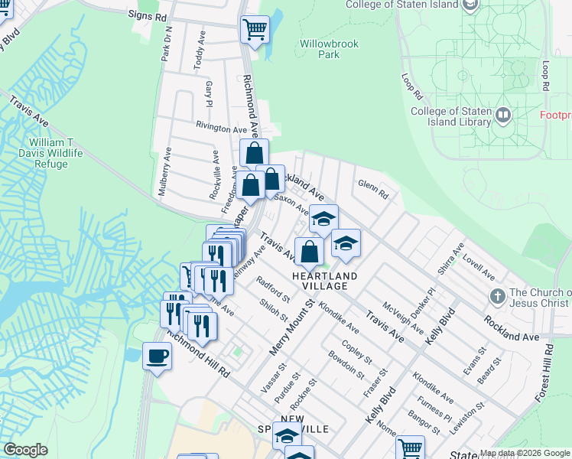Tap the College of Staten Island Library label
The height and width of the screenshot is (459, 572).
click(450, 116)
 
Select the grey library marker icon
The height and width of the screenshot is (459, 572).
click(503, 116)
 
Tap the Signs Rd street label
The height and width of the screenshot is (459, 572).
click(148, 15)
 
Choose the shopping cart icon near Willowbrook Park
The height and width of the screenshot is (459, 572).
click(255, 30)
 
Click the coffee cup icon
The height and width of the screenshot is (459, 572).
click(158, 356)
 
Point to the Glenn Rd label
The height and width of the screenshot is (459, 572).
click(372, 189)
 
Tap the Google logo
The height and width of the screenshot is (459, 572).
click(26, 450)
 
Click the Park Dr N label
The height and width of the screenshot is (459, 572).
click(166, 44)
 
